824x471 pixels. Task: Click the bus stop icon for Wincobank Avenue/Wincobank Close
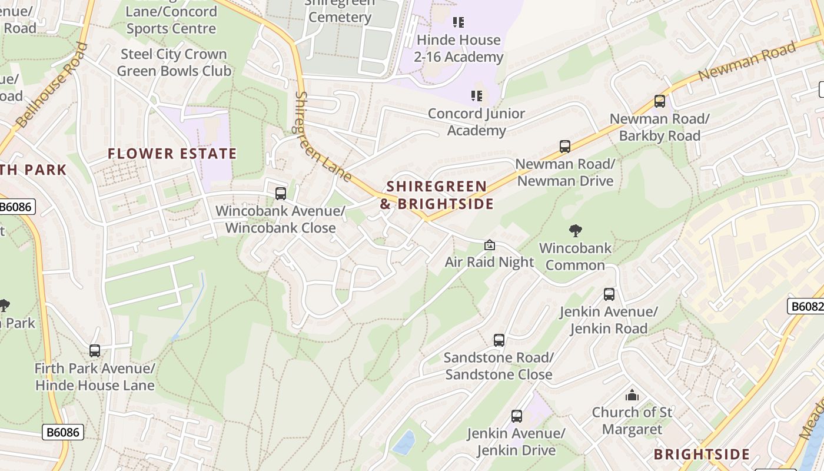click(x=281, y=193)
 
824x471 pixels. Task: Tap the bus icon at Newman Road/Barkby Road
click(x=660, y=101)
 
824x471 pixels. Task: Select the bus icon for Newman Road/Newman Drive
click(x=565, y=146)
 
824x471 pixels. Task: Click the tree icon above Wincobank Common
click(x=576, y=231)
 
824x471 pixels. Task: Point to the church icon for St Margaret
click(x=632, y=394)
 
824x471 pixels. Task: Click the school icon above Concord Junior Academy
click(x=476, y=95)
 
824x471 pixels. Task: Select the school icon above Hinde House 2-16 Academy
click(x=458, y=22)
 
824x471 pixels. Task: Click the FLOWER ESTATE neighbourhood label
click(x=172, y=154)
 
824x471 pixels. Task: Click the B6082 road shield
click(x=805, y=306)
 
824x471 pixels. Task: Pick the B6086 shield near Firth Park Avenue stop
click(x=63, y=433)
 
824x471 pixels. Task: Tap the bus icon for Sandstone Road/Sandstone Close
click(x=499, y=340)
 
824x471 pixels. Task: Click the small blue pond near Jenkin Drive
click(x=404, y=442)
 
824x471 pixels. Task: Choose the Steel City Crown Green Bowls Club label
click(x=174, y=62)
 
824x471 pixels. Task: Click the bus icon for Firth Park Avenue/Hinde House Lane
click(x=95, y=351)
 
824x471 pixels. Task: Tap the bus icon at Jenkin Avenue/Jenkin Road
click(x=609, y=294)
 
